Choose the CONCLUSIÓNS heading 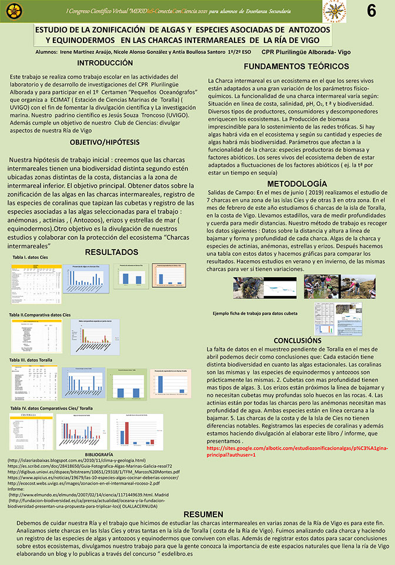pos(297,340)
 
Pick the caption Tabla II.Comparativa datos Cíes pos(45,315)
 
